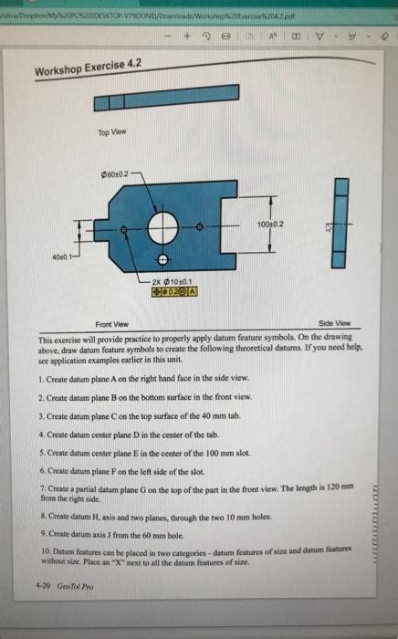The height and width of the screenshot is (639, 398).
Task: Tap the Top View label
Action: tap(110, 131)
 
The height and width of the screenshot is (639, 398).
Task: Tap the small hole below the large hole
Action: tap(164, 259)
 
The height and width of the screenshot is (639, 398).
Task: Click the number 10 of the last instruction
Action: tap(45, 552)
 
